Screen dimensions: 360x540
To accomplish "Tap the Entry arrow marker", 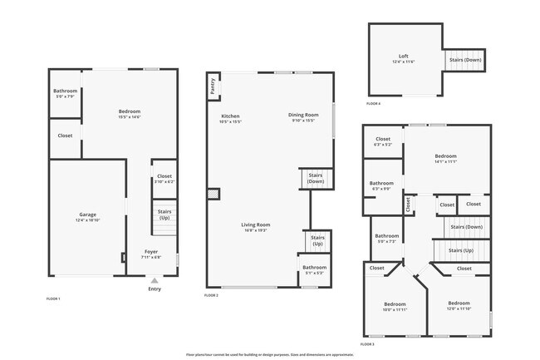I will [154, 281].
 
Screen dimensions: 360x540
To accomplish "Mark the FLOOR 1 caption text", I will [53, 298].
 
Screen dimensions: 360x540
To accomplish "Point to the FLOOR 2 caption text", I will [211, 295].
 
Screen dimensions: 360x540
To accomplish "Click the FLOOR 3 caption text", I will [367, 343].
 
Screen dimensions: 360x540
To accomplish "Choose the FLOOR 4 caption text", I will [374, 104].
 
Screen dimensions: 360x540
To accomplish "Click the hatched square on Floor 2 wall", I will [214, 193].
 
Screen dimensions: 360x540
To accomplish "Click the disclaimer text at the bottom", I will [270, 354].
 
